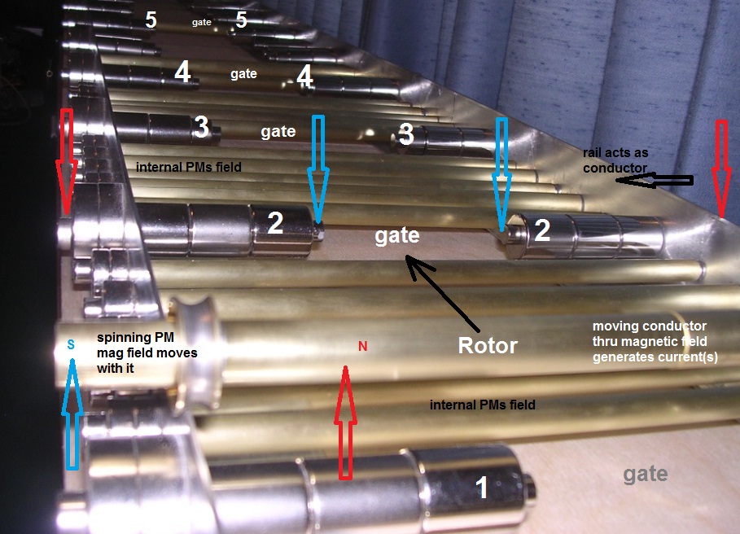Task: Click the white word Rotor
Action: click(488, 345)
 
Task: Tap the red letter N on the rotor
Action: click(362, 346)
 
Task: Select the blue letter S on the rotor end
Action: click(71, 344)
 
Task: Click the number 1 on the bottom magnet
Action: click(481, 487)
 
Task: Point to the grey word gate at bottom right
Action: click(645, 474)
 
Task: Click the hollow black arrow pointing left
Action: click(655, 180)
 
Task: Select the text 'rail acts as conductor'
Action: click(615, 160)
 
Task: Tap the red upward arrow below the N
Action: click(345, 423)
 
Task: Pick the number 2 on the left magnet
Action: click(275, 222)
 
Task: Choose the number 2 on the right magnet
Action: click(541, 230)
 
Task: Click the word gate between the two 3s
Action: click(278, 132)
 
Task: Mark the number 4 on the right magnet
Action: click(304, 76)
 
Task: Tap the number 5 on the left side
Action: click(151, 20)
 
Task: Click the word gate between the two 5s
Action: click(202, 22)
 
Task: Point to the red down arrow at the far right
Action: click(721, 169)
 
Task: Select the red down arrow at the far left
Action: click(67, 162)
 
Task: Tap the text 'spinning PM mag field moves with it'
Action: click(147, 352)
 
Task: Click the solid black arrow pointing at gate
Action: click(442, 292)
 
